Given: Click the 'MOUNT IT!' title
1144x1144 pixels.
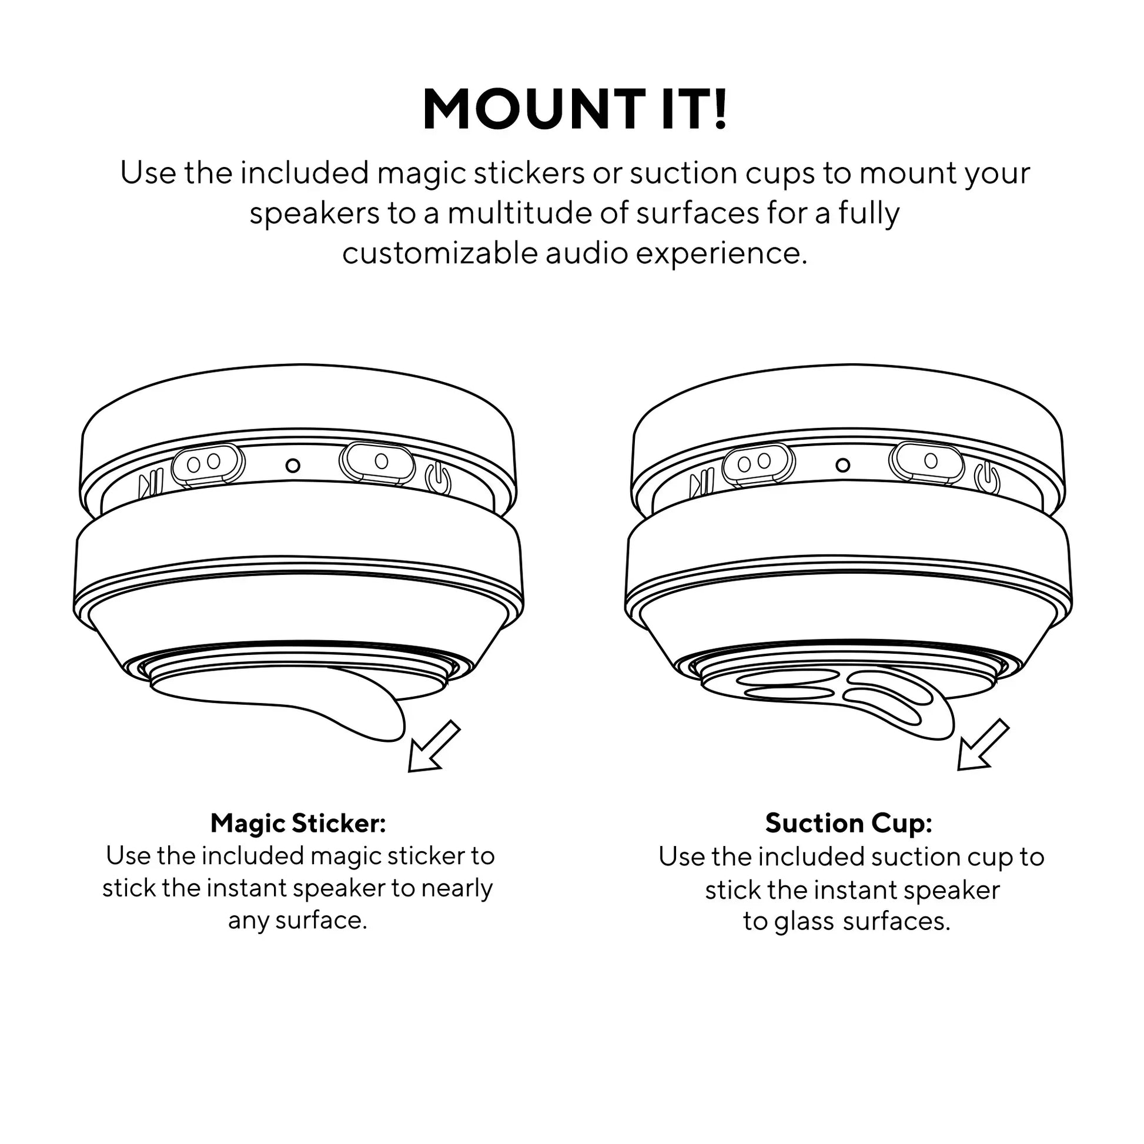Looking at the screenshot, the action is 574,109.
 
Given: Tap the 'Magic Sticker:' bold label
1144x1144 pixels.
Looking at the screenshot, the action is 298,823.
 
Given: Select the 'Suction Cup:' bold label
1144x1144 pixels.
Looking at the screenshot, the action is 848,823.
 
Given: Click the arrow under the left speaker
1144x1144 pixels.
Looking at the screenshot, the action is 433,747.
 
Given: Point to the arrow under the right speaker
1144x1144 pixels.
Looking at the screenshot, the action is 983,745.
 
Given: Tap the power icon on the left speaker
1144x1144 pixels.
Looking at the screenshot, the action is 438,479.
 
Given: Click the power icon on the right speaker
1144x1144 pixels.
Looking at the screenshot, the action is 987,479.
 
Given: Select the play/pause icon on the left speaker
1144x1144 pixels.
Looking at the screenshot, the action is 151,484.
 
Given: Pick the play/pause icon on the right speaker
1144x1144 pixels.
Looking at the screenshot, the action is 702,484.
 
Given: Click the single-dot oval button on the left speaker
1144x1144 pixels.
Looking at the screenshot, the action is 377,463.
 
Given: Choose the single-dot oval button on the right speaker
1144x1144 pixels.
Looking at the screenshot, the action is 926,462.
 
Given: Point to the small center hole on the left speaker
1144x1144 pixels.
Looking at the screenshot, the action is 293,466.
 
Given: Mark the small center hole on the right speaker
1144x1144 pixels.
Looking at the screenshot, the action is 842,466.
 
